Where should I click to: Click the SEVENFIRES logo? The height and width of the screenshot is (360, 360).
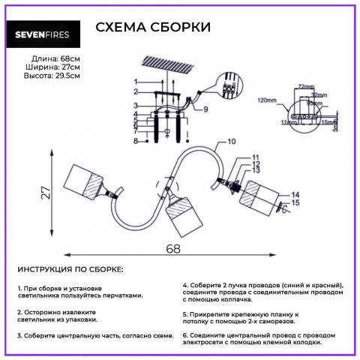47,32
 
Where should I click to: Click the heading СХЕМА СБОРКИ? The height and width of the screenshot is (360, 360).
153,28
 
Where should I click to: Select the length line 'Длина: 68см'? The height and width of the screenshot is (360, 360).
55,58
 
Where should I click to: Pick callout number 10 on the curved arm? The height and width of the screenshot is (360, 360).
231,141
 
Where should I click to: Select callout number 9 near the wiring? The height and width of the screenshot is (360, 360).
204,109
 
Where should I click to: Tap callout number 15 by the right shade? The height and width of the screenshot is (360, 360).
295,203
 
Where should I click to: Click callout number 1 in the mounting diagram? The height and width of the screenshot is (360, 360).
136,81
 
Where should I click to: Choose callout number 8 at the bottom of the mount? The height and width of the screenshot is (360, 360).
136,140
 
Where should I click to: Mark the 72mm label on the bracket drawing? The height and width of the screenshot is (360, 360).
303,87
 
